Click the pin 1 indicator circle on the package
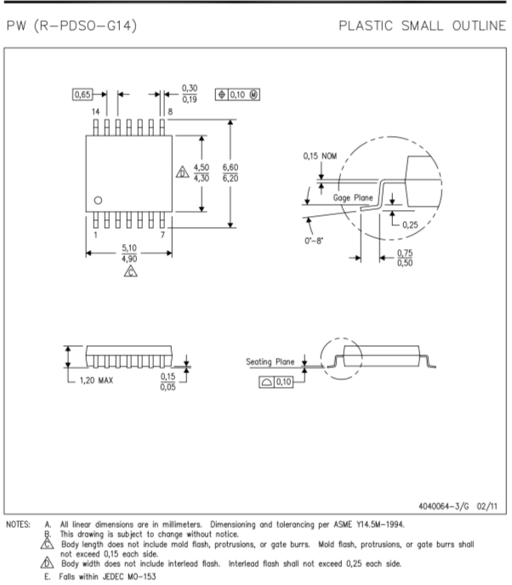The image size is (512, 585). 98,201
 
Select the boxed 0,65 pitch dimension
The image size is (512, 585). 82,94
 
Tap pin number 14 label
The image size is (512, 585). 95,111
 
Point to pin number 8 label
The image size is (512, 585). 170,111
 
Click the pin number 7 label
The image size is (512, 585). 162,235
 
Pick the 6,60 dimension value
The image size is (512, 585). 230,168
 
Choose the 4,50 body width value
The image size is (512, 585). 202,168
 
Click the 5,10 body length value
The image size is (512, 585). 129,247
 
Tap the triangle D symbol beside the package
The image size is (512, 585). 183,172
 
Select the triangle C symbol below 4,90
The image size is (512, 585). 131,271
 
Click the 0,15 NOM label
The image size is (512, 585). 320,156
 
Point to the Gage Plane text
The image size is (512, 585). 353,198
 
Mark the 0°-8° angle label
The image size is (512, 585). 314,241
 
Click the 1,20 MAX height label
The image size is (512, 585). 96,381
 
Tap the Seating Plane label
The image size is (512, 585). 270,361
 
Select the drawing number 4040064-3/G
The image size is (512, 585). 444,506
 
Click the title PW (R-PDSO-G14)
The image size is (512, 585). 72,26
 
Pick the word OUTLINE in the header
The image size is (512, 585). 479,26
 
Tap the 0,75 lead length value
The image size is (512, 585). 405,253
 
